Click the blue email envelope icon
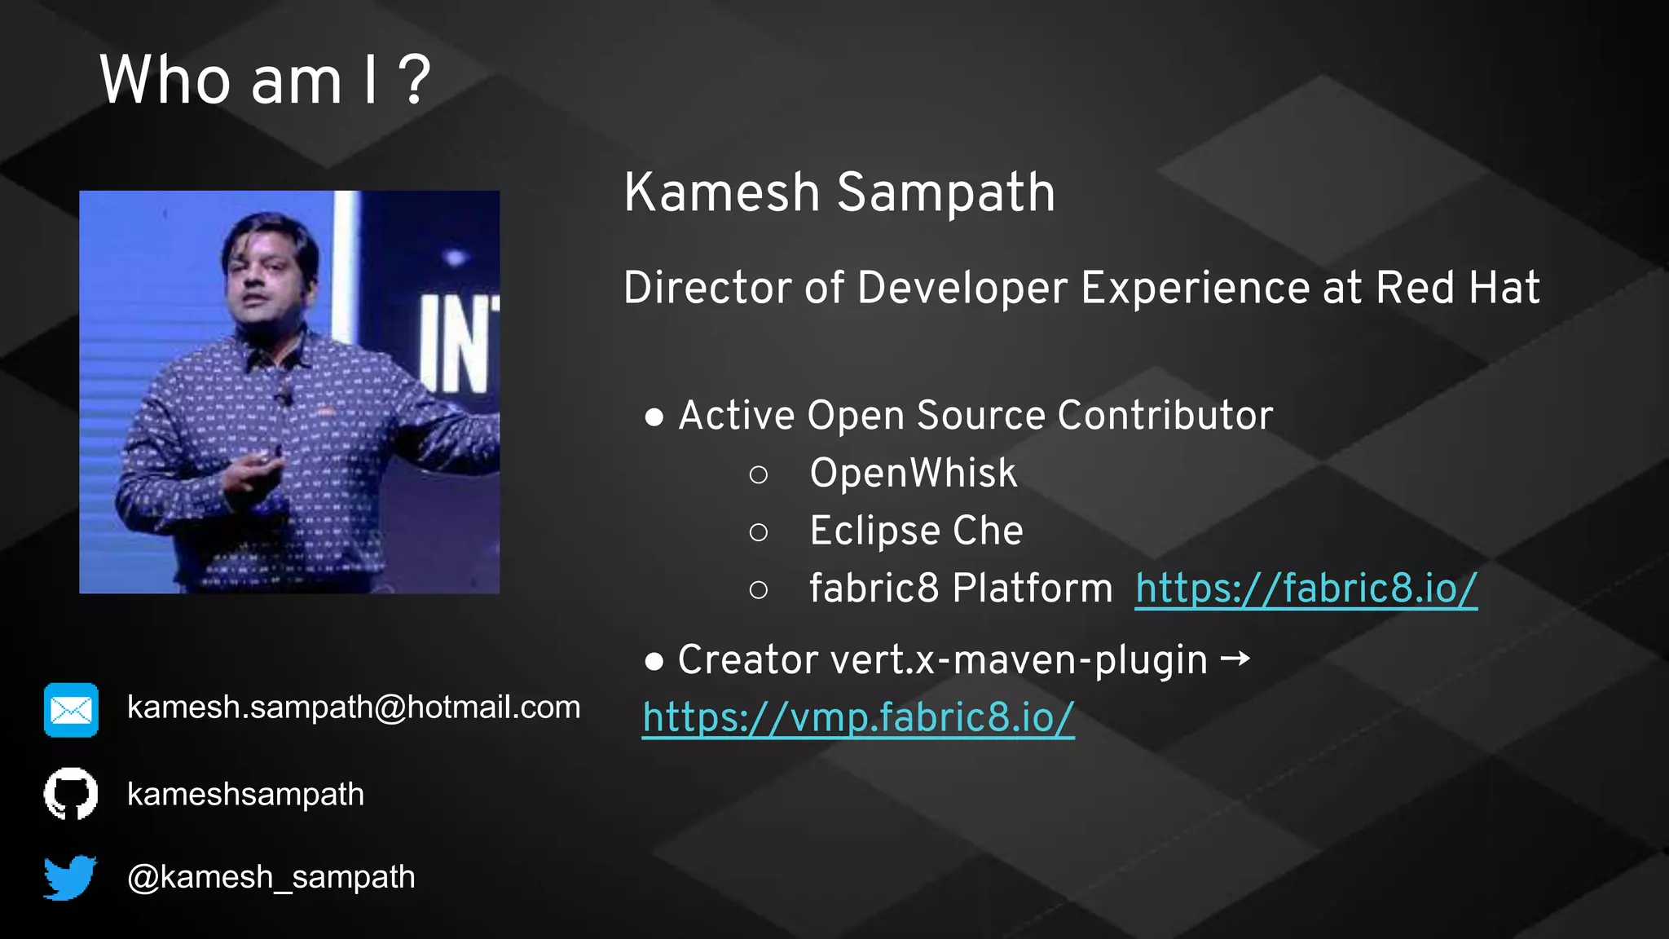pyautogui.click(x=71, y=710)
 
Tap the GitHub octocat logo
pyautogui.click(x=71, y=793)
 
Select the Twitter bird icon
pyautogui.click(x=70, y=877)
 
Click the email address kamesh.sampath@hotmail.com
pyautogui.click(x=354, y=708)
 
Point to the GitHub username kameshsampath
pyautogui.click(x=245, y=794)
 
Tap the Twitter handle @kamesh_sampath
pyautogui.click(x=271, y=877)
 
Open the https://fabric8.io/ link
pyautogui.click(x=1306, y=588)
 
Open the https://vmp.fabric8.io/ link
pyautogui.click(x=858, y=717)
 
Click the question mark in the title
pyautogui.click(x=416, y=80)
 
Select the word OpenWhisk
pyautogui.click(x=913, y=473)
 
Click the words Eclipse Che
pyautogui.click(x=916, y=531)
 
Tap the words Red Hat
pyautogui.click(x=1457, y=288)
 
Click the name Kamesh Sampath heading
pyautogui.click(x=839, y=193)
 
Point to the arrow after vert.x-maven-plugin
pyautogui.click(x=1235, y=658)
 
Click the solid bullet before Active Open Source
pyautogui.click(x=654, y=417)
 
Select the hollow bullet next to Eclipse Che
pyautogui.click(x=758, y=532)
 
